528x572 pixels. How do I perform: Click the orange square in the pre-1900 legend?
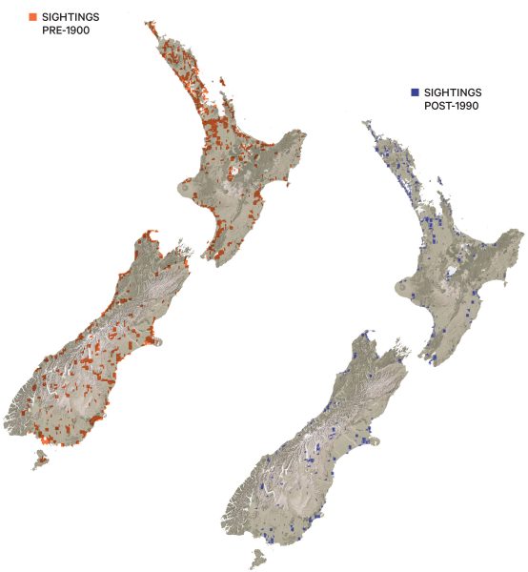click(x=33, y=17)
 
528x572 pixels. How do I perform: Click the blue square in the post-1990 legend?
click(x=415, y=92)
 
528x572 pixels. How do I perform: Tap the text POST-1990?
click(x=451, y=105)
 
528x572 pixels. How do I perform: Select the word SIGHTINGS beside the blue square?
click(x=454, y=92)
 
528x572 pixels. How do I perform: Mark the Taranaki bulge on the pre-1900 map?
click(x=183, y=190)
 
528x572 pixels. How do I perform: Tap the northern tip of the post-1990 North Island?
click(x=366, y=124)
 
